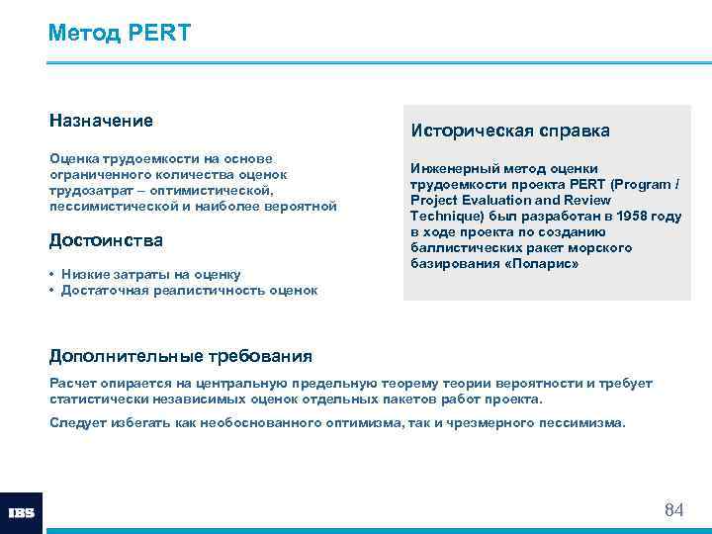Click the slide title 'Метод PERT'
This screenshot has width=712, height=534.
[120, 33]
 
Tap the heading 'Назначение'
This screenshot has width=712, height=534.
[101, 121]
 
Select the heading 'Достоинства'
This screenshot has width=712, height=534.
[106, 241]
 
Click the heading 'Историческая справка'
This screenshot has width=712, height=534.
[510, 131]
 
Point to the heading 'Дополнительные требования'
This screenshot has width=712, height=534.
[181, 356]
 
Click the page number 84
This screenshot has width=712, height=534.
[673, 510]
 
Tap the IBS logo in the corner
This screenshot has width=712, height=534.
[21, 513]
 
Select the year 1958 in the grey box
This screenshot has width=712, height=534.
[634, 217]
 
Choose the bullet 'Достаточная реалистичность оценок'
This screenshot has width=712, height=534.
[189, 290]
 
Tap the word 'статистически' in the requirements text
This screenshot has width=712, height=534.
[97, 399]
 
